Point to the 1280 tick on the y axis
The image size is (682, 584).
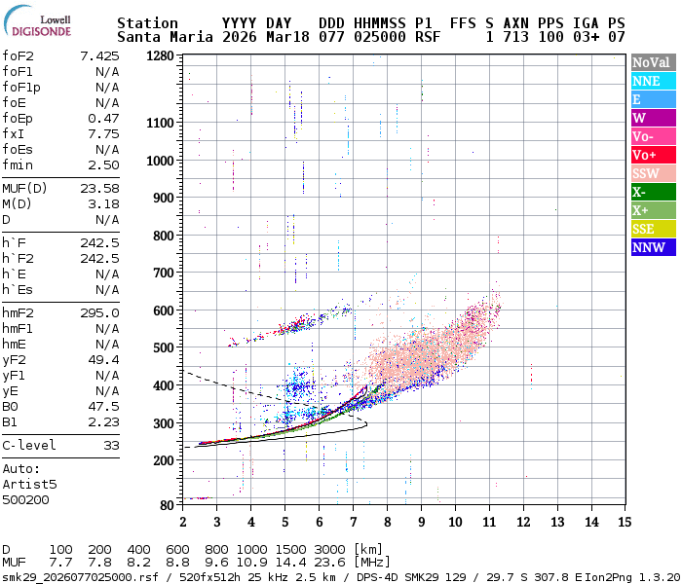(x=161, y=56)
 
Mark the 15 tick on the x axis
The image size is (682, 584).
(x=625, y=523)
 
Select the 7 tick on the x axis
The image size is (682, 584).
(x=353, y=523)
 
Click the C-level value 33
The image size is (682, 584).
(x=111, y=445)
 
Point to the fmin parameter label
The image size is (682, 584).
(x=19, y=164)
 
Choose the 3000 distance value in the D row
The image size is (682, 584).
(x=331, y=549)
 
